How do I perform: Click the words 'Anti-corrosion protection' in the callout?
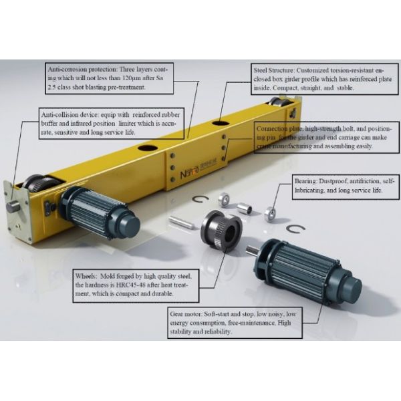tap(82, 70)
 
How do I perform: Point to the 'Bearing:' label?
tap(305, 181)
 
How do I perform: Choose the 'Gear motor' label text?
tap(186, 314)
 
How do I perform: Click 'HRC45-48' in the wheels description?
tap(131, 285)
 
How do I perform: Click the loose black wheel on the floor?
tap(221, 232)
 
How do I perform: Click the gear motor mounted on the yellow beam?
tap(99, 213)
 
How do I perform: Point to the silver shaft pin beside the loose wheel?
tap(180, 223)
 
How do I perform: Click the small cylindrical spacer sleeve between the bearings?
tap(245, 207)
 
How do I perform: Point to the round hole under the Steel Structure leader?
tap(221, 123)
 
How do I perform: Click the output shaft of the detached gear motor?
tap(253, 249)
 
